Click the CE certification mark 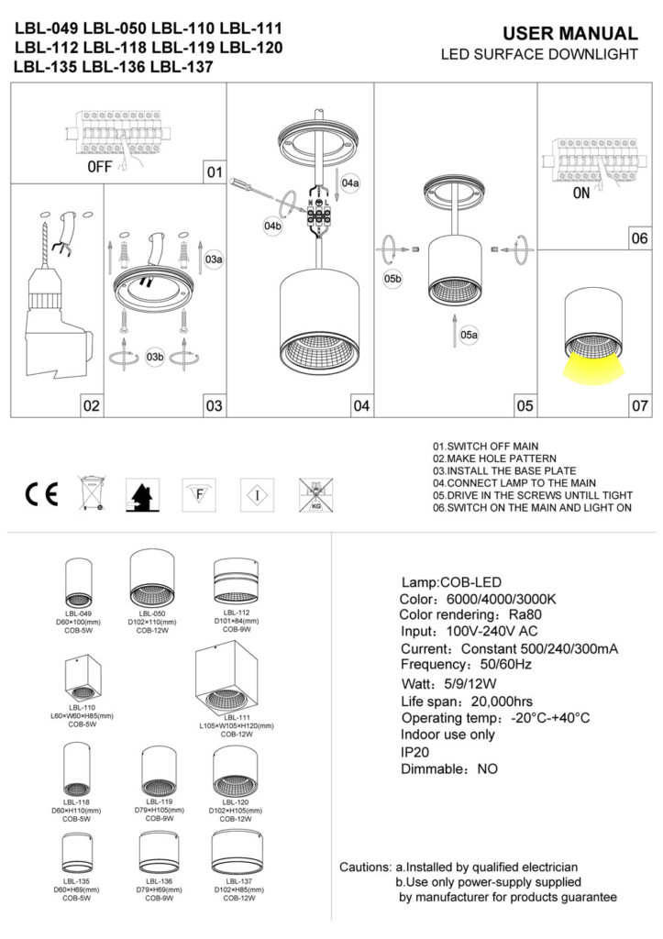tap(41, 493)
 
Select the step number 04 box tap(360, 404)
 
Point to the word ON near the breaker tap(581, 194)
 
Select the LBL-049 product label tap(78, 613)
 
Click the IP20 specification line tap(416, 752)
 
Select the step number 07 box tap(639, 404)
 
